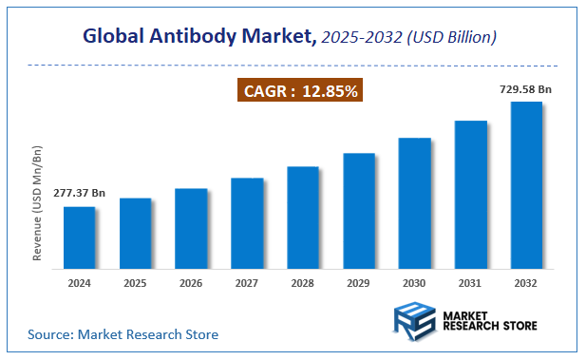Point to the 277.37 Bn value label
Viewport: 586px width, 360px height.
click(79, 194)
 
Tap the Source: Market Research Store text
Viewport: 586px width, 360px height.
click(123, 334)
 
